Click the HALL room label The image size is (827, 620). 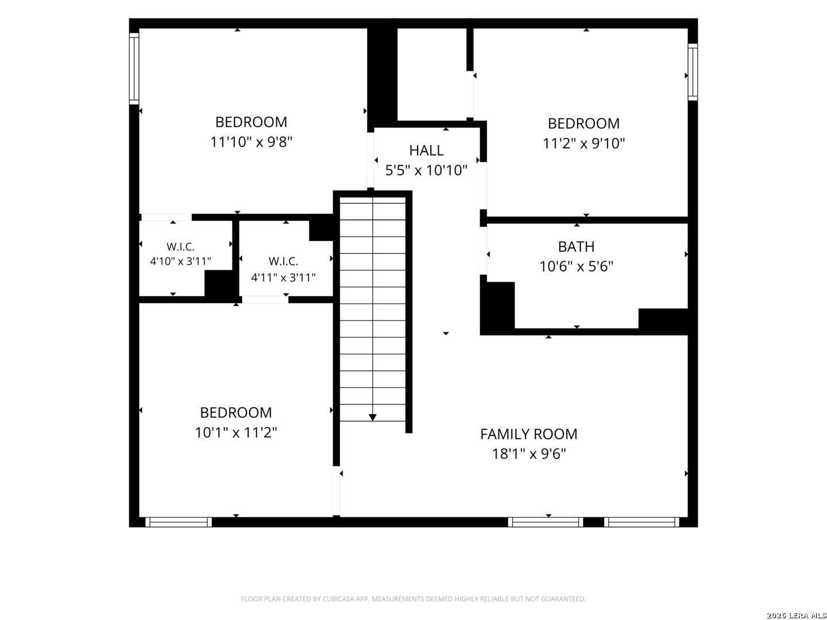click(426, 150)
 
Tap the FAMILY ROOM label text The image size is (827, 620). click(528, 435)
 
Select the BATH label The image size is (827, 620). click(576, 247)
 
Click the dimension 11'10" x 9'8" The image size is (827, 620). click(251, 142)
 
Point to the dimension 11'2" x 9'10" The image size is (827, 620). click(583, 144)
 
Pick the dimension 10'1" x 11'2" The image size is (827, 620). click(236, 432)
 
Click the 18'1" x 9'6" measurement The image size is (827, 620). click(529, 454)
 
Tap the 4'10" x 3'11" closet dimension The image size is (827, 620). click(180, 261)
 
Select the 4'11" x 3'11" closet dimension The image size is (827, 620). click(283, 277)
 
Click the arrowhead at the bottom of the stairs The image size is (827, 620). click(373, 417)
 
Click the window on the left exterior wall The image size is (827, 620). click(134, 68)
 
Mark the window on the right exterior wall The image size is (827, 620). click(693, 72)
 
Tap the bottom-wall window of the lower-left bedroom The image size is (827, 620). click(179, 522)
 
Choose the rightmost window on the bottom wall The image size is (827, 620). click(641, 522)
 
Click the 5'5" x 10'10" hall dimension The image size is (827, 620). click(426, 170)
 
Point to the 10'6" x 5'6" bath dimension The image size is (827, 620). click(577, 266)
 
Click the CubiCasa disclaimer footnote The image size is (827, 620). click(413, 599)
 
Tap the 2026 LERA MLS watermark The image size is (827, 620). click(796, 615)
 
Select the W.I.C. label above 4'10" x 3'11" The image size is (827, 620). click(180, 247)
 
